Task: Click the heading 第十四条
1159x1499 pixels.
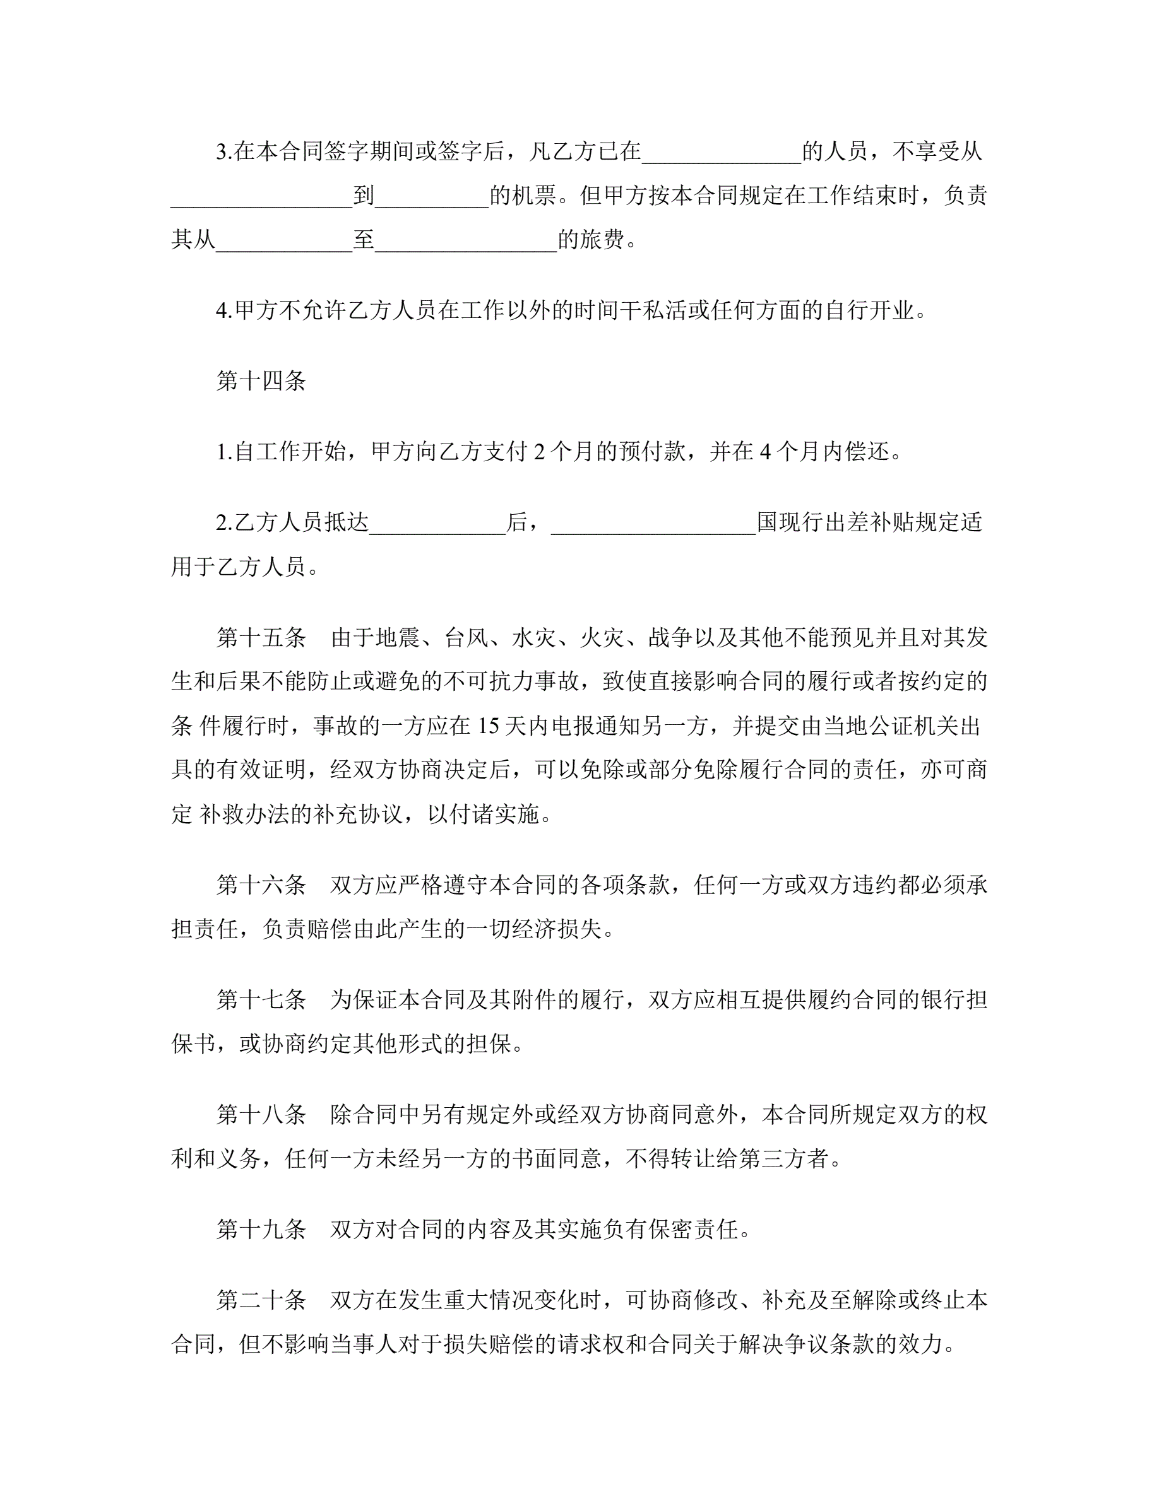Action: point(261,381)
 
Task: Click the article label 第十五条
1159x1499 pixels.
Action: point(261,638)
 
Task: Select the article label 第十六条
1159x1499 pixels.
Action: point(261,885)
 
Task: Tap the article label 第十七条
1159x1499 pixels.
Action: point(261,999)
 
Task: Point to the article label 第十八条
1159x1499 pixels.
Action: point(261,1114)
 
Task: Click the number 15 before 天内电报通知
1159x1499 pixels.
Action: point(488,726)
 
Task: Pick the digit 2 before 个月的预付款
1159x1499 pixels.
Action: point(540,452)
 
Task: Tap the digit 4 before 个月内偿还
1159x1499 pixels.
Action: point(766,452)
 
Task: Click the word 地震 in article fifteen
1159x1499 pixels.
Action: point(398,638)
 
